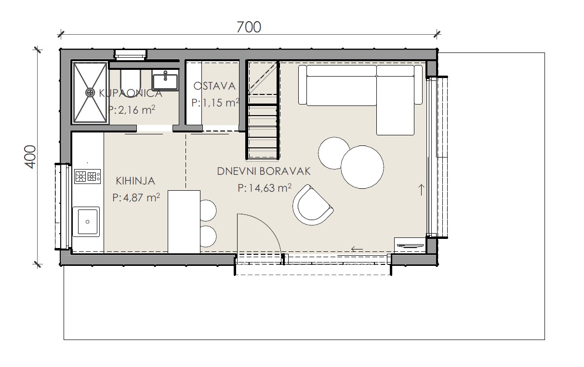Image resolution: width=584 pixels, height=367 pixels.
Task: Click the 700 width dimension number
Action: click(249, 27)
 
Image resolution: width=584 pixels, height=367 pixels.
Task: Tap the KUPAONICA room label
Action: click(131, 93)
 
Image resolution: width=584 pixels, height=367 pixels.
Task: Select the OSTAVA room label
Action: click(214, 86)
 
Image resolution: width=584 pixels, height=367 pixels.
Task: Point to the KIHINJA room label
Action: click(135, 181)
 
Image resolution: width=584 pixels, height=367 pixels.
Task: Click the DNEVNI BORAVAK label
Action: click(264, 171)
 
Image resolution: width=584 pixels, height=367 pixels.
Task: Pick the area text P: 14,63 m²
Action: click(265, 188)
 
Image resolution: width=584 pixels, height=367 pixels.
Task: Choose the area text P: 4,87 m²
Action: click(136, 197)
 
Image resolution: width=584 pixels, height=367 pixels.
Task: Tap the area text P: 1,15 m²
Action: click(215, 103)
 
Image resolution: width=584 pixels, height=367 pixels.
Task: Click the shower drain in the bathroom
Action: click(90, 92)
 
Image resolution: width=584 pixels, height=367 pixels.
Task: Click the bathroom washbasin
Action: click(165, 80)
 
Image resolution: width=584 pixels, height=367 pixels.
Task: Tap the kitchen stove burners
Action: click(87, 176)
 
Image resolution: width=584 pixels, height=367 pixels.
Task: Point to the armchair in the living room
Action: click(313, 205)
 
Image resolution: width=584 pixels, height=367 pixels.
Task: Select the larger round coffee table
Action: click(362, 167)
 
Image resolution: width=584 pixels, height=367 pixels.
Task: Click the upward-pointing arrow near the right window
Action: click(421, 190)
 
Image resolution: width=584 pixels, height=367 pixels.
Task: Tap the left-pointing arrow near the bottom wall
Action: click(357, 249)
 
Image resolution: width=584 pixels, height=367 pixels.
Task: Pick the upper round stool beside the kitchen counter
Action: click(208, 210)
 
